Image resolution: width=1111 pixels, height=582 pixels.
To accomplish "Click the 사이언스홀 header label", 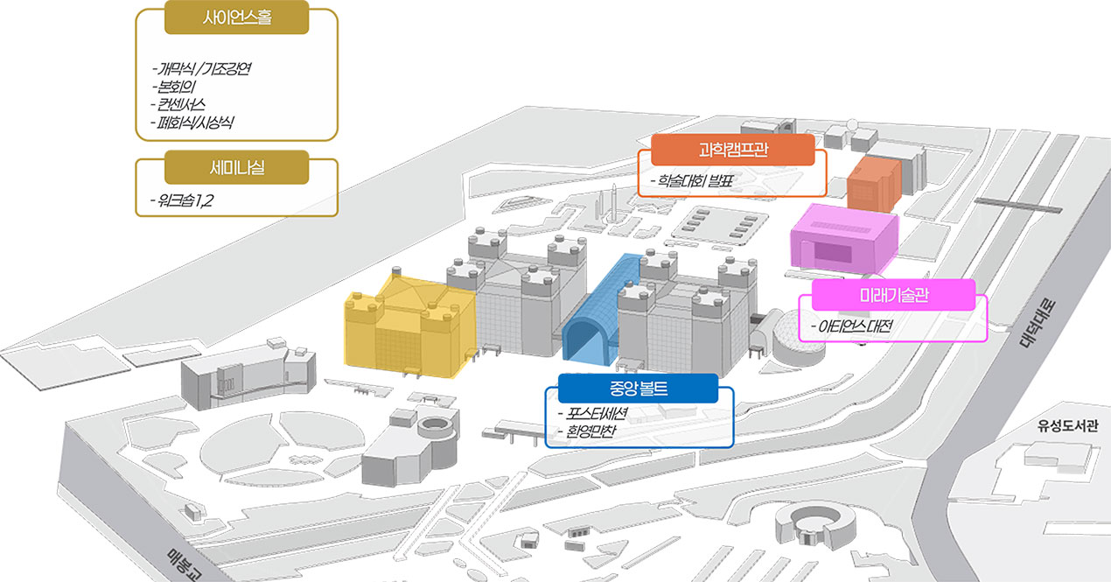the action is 236,18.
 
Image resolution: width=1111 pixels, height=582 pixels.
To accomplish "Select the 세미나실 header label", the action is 236,167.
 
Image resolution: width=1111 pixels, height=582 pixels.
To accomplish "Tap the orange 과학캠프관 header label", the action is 732,150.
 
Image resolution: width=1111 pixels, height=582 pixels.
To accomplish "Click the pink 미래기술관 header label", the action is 894,295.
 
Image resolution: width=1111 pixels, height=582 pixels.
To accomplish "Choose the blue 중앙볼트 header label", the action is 639,388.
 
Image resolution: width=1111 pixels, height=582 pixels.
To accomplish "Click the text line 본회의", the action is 173,87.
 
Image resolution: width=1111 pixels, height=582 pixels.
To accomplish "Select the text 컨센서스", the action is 178,105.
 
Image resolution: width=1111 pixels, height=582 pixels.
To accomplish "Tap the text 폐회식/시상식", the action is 192,123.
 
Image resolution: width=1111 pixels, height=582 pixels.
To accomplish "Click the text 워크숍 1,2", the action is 182,200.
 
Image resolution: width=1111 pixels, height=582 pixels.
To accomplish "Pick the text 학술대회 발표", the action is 692,180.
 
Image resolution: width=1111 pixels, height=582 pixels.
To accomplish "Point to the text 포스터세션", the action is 593,413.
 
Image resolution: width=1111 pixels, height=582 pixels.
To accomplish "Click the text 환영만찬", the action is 587,431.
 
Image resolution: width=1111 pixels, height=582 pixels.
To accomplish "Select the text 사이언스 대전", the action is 851,326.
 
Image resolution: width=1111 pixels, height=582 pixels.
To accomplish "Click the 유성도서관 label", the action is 1068,425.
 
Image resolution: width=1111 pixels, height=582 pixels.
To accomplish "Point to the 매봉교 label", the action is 184,565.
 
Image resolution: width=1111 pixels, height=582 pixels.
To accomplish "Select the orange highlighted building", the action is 874,183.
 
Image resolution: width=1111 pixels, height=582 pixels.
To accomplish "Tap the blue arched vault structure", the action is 600,311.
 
